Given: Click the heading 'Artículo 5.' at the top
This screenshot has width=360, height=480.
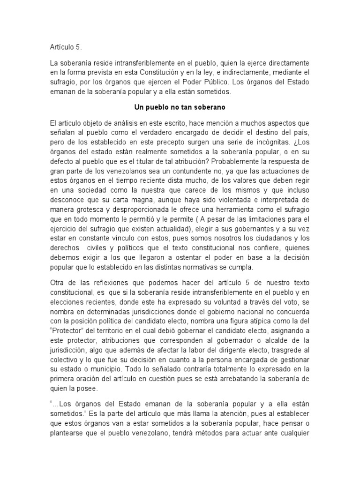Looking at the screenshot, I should [65, 47].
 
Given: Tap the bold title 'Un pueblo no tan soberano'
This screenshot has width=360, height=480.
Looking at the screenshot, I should [180, 107].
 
